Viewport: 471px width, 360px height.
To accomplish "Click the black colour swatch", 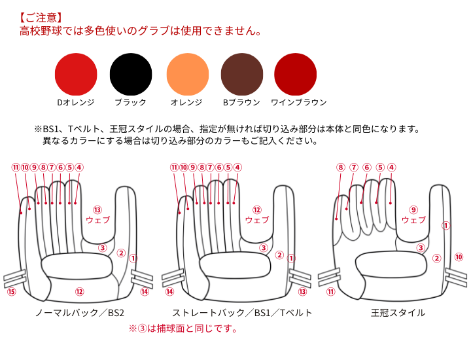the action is [131, 74].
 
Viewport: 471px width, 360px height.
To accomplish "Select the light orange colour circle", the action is [188, 74].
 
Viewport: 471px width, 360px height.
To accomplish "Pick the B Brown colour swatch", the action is [242, 74].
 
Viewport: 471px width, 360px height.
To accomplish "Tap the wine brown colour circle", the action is [295, 74].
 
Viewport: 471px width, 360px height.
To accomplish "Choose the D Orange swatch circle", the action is [76, 74].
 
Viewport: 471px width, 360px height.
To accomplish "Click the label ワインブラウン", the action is [298, 103].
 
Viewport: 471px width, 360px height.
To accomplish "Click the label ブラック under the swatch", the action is [130, 103].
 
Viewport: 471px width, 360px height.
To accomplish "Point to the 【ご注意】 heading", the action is [41, 18].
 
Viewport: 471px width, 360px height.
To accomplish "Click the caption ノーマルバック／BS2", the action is [80, 313].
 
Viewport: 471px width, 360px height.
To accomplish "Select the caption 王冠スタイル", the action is [398, 313].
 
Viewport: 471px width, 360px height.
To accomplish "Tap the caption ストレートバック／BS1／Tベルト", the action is [242, 313].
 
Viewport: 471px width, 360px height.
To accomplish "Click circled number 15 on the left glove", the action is [11, 291].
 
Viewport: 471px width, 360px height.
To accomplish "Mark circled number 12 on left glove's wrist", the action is [80, 291].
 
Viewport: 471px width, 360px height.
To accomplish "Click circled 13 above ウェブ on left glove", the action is [97, 209].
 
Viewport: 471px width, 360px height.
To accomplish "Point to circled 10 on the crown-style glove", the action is [459, 257].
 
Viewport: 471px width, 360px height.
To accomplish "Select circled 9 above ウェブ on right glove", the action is [413, 209].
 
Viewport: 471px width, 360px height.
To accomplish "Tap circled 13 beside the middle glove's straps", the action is [302, 291].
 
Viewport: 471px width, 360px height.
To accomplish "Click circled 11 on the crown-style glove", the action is [331, 291].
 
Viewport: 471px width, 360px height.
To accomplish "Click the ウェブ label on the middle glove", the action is [257, 220].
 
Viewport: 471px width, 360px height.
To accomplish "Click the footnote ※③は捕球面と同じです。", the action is [183, 329].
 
